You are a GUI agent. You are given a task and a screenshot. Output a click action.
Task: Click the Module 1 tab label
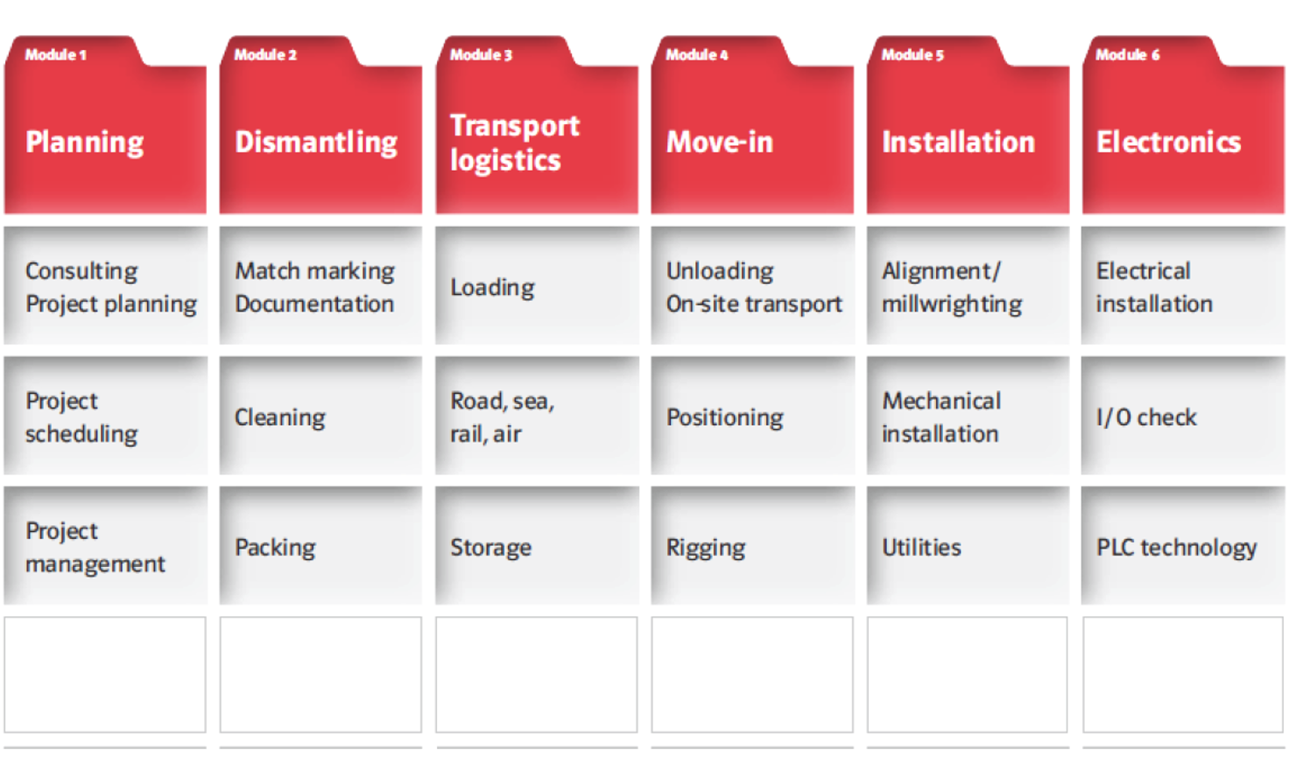[x=55, y=54]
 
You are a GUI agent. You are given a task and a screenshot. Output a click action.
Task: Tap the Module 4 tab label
[x=696, y=54]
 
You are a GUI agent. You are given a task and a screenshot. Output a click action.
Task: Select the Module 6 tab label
[x=1127, y=54]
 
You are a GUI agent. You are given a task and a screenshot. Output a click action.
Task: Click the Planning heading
[x=84, y=143]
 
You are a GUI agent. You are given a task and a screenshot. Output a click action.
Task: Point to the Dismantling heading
[x=316, y=143]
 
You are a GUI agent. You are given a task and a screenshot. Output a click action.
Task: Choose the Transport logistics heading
[x=515, y=143]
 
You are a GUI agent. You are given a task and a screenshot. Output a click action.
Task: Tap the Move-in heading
[x=720, y=142]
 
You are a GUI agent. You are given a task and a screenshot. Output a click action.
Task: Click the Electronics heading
[x=1168, y=142]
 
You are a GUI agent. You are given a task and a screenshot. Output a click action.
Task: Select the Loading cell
[x=537, y=285]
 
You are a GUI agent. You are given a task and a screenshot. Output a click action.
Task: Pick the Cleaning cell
[x=321, y=415]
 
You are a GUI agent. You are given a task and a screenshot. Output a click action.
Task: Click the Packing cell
[x=321, y=545]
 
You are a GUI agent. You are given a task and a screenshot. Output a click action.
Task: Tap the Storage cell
[x=537, y=545]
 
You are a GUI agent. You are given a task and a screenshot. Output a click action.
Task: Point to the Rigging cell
[x=753, y=545]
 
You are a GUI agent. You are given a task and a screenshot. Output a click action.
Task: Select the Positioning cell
[x=753, y=415]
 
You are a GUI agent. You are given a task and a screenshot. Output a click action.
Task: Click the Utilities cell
[x=968, y=545]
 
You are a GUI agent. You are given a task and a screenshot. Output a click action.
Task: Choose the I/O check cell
[x=1183, y=415]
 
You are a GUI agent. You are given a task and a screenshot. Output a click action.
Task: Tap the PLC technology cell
[x=1183, y=545]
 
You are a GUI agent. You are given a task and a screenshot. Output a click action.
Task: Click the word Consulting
[x=81, y=271]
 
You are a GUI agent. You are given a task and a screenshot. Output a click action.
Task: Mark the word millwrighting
[x=952, y=305]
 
